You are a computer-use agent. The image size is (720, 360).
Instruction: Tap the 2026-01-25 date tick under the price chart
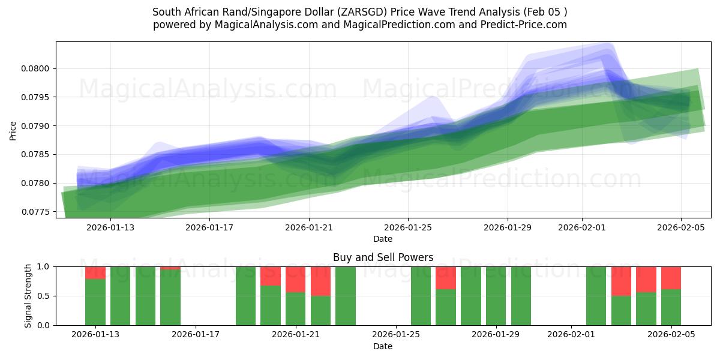pos(408,227)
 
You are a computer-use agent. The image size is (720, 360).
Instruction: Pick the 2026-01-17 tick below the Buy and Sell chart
pos(196,335)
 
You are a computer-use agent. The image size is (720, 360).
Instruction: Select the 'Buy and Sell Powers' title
pos(383,257)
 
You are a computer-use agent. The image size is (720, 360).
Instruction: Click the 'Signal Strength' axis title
pos(28,296)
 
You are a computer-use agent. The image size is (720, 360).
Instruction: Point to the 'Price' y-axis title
pos(13,130)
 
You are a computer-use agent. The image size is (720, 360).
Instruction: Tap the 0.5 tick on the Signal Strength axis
pos(44,296)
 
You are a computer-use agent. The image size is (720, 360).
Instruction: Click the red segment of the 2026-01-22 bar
pos(320,281)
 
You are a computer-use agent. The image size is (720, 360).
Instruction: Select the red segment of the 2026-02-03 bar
pos(621,281)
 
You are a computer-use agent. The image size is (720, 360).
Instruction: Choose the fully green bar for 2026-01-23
pos(346,296)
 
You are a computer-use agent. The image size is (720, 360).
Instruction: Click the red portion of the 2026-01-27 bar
pos(446,278)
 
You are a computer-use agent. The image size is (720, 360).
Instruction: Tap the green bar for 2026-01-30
pos(521,296)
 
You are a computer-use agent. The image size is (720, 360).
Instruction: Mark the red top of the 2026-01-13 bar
pos(95,272)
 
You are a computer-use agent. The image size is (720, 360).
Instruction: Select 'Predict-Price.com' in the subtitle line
pos(524,25)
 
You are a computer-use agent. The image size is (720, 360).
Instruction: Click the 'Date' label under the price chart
pos(383,239)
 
